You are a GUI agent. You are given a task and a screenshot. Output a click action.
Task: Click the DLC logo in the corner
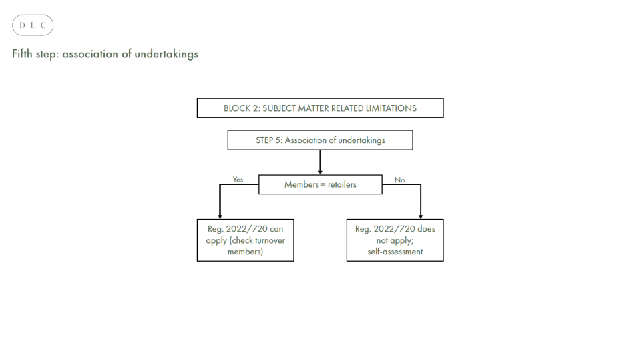[x=33, y=25]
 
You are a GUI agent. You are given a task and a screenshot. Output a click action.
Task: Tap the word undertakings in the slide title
[x=166, y=54]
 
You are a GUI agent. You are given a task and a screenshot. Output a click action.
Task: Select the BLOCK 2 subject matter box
[x=320, y=108]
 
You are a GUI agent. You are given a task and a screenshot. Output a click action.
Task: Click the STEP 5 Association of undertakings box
[x=320, y=140]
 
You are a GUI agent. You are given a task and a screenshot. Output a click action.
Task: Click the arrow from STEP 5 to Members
[x=320, y=162]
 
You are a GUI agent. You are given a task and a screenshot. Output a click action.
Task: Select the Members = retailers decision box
[x=320, y=184]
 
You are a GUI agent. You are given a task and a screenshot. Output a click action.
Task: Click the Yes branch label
[x=238, y=180]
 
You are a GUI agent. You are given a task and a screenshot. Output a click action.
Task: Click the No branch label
[x=399, y=180]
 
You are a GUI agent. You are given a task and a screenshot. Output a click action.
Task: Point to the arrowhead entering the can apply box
[x=220, y=216]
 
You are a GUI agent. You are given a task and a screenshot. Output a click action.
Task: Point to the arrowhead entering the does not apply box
[x=421, y=216]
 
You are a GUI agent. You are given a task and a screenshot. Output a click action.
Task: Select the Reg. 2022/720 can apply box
[x=245, y=240]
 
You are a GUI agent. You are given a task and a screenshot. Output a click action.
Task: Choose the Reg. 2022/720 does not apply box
[x=395, y=240]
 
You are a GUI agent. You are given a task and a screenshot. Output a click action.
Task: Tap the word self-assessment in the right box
[x=395, y=252]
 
